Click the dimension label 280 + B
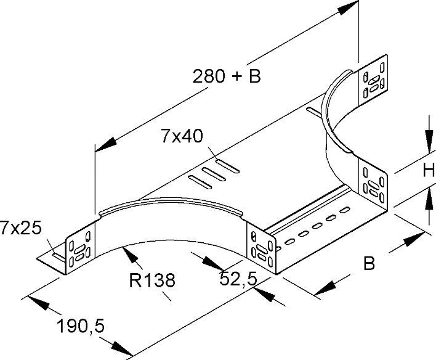[227, 76]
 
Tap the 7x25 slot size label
[20, 228]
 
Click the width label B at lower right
[369, 264]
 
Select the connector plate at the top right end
[374, 78]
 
